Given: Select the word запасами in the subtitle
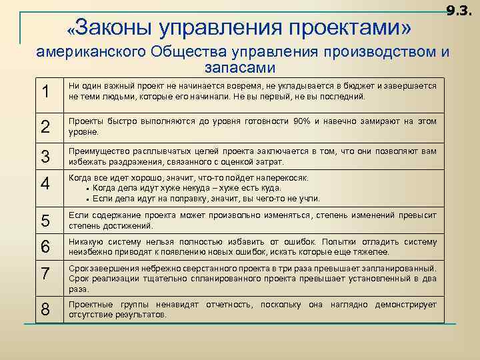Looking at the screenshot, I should [x=239, y=68].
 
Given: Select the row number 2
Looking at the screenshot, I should [x=45, y=127].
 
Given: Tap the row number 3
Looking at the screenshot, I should [x=45, y=157].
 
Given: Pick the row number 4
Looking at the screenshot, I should [x=45, y=183].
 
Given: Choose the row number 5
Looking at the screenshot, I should [x=45, y=221].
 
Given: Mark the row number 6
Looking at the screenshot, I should [x=45, y=247].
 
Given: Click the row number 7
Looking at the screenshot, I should [x=45, y=273].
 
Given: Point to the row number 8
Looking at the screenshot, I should [x=45, y=309].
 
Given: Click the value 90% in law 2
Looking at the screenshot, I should [x=301, y=121].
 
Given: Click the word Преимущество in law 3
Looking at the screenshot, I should [x=97, y=152].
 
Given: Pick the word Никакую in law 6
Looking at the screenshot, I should [x=86, y=241].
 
